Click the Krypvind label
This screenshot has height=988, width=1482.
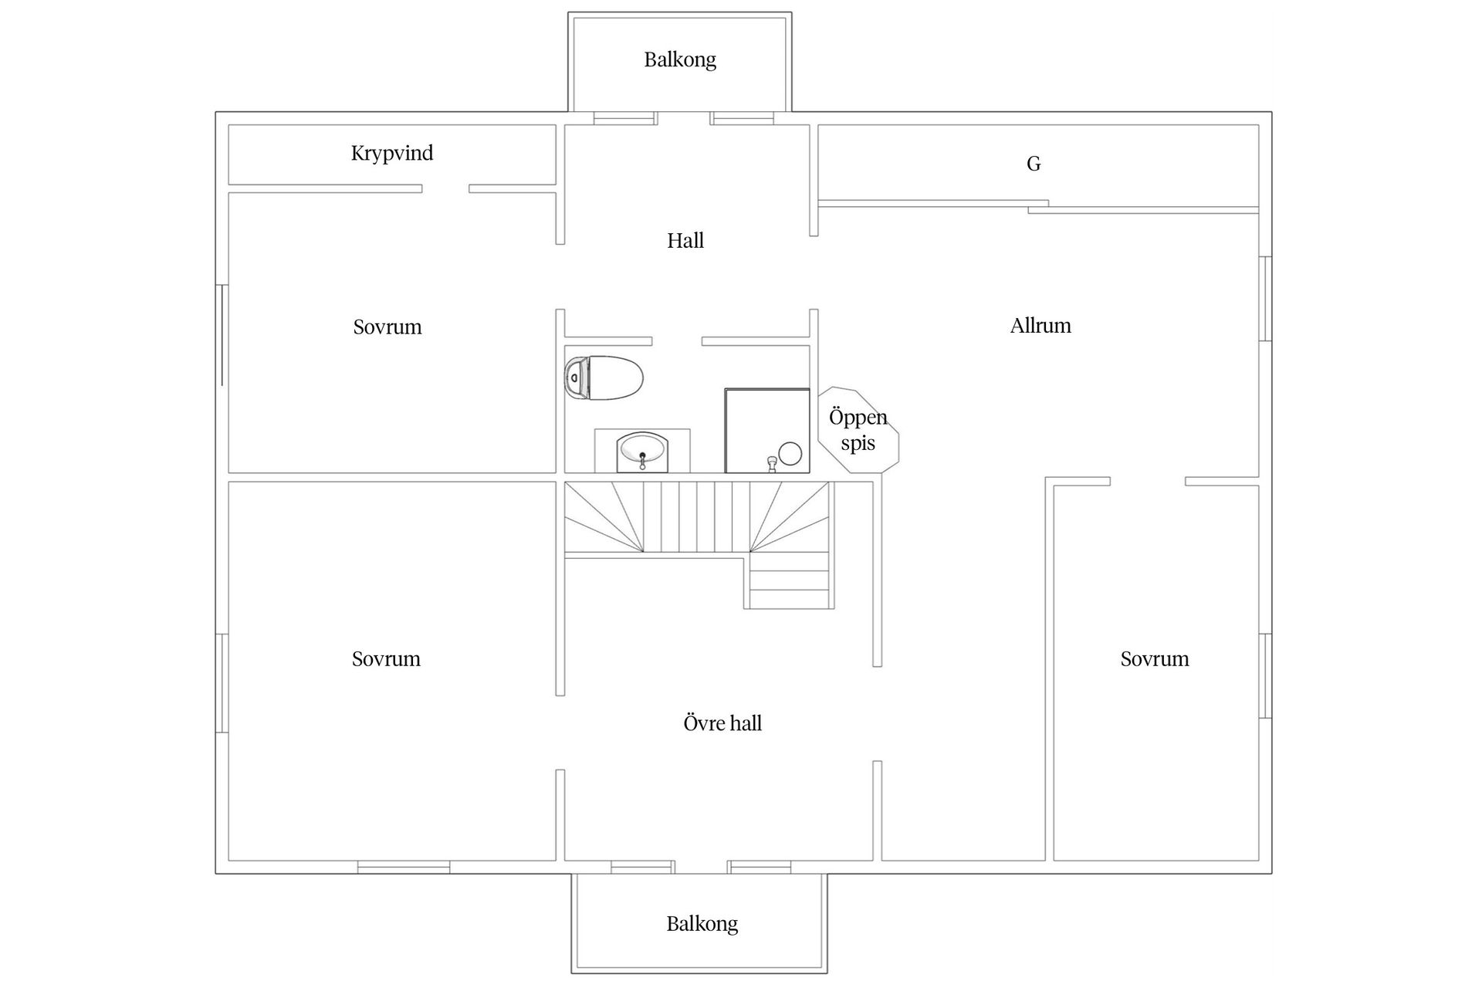pos(392,153)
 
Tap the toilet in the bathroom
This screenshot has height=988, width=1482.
pos(604,377)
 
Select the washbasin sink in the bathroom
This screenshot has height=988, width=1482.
pos(641,452)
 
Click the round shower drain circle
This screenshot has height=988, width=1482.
pos(790,453)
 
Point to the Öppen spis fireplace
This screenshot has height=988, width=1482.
pos(858,429)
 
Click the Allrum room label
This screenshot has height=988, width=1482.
pos(1040,326)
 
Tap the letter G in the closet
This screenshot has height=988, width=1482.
pos(1034,164)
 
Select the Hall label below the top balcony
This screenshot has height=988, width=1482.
pos(685,241)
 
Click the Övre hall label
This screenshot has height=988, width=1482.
pos(722,723)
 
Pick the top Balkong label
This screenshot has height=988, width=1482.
pos(680,59)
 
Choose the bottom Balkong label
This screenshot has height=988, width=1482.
pos(702,924)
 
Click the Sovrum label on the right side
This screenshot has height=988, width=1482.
pos(1155,659)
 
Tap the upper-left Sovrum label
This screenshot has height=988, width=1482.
pos(387,327)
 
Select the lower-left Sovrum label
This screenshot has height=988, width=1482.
pos(386,659)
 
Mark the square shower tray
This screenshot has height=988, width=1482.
pos(767,431)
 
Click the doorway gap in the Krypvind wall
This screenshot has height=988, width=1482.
pos(445,188)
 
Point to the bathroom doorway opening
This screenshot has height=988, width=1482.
pos(677,341)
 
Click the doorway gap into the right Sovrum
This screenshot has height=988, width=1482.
pos(1148,481)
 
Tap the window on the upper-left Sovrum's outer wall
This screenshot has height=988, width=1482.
pos(222,335)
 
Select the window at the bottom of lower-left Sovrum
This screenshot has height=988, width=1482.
pos(404,868)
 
